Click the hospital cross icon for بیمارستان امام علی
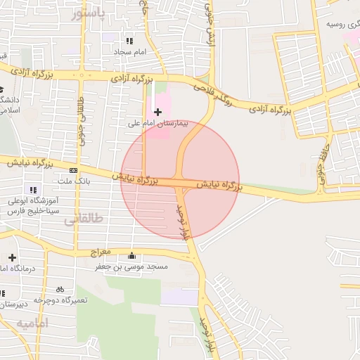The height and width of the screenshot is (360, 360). click(x=157, y=112)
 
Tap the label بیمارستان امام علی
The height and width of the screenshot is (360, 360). click(x=159, y=124)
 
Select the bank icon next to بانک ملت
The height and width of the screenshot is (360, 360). click(x=74, y=170)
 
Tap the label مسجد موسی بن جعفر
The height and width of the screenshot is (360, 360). click(x=132, y=267)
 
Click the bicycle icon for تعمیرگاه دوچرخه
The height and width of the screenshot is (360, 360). click(x=60, y=289)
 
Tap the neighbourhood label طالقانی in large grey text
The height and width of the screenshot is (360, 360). click(x=84, y=219)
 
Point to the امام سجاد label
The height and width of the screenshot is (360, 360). click(x=129, y=53)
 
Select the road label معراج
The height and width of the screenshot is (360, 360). click(x=101, y=251)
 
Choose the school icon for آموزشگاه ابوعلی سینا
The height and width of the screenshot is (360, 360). click(x=32, y=189)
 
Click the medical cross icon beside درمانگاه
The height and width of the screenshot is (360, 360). click(x=13, y=258)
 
